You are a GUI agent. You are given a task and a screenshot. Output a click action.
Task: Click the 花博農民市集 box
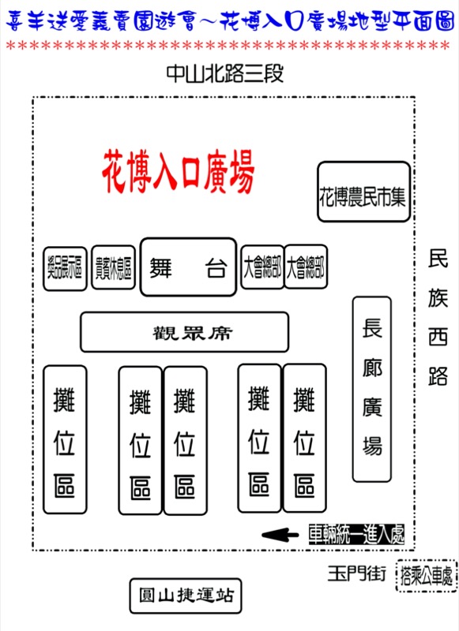363,192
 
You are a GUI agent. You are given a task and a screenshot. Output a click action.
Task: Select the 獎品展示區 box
65,268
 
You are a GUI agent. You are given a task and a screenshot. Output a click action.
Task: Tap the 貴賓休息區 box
113,267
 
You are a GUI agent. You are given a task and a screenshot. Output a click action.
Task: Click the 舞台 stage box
188,267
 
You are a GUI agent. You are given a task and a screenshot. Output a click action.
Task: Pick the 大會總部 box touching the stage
262,267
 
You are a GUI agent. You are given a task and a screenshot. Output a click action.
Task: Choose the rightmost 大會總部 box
306,267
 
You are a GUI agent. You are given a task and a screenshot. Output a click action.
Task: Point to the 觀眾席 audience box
185,332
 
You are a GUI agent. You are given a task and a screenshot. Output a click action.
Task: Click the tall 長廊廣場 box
372,389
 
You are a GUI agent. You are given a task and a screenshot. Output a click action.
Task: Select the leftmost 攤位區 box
65,439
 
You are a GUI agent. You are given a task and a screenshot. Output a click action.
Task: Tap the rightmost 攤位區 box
305,438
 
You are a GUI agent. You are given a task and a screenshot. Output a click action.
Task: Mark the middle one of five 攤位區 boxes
186,441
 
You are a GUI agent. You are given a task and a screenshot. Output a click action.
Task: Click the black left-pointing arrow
280,535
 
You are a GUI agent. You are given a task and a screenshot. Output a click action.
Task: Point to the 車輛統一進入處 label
356,535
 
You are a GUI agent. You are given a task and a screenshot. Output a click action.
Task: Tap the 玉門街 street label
356,573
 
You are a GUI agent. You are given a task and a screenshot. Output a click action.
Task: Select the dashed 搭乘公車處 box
427,576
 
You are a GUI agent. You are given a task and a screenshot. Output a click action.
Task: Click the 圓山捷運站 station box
186,596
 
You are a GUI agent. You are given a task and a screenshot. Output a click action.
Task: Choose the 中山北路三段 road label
225,73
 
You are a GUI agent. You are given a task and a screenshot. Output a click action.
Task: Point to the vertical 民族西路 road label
438,318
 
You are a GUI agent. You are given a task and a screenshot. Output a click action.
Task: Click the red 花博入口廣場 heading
178,172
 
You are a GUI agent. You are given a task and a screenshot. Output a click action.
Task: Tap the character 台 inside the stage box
216,267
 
